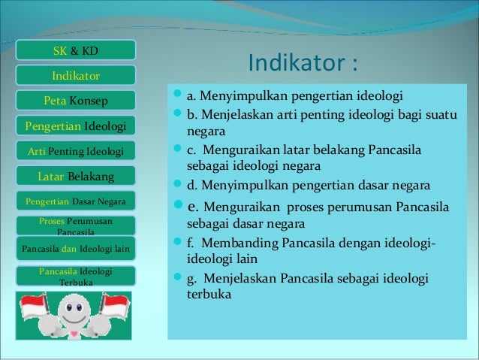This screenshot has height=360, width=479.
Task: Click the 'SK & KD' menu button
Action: (x=75, y=51)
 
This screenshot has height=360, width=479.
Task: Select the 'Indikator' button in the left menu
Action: (x=75, y=76)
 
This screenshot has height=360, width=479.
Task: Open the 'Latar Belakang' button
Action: (x=75, y=177)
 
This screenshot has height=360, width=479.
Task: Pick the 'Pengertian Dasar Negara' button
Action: (x=75, y=201)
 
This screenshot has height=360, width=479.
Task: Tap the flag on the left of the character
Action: (x=33, y=307)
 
